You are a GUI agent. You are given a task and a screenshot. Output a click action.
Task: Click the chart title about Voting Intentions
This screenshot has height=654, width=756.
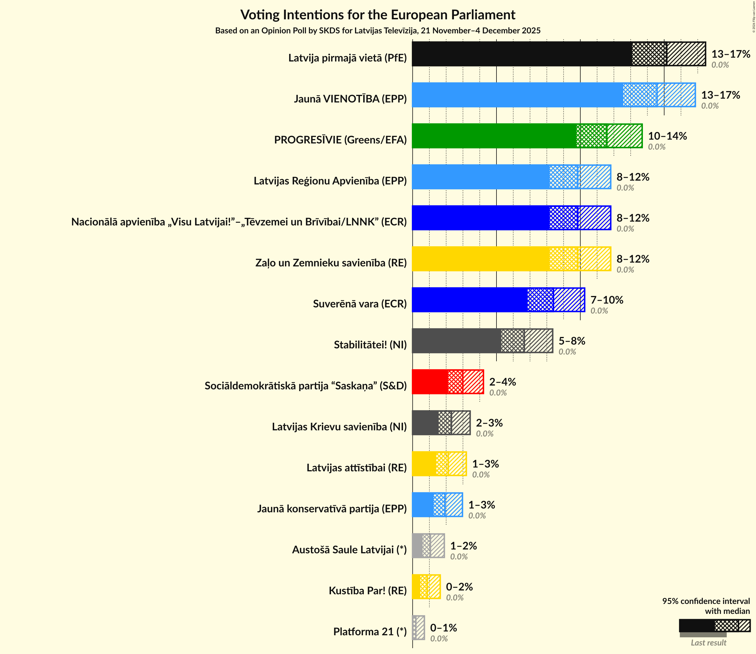(378, 15)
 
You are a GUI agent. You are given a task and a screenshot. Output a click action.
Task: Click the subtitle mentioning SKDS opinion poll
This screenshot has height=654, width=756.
(378, 31)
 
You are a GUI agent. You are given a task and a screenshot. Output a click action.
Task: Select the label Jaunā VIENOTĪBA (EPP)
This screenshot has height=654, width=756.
(350, 99)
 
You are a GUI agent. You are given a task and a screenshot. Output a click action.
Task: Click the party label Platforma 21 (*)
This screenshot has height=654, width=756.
(370, 632)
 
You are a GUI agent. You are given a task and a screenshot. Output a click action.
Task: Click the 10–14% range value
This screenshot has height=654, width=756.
(667, 136)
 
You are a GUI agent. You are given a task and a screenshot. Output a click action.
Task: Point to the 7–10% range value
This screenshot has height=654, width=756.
(607, 300)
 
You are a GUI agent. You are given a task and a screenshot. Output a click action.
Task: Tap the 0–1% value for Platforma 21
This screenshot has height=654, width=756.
(443, 628)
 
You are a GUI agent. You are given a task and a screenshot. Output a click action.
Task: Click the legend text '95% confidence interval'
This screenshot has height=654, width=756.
(706, 601)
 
